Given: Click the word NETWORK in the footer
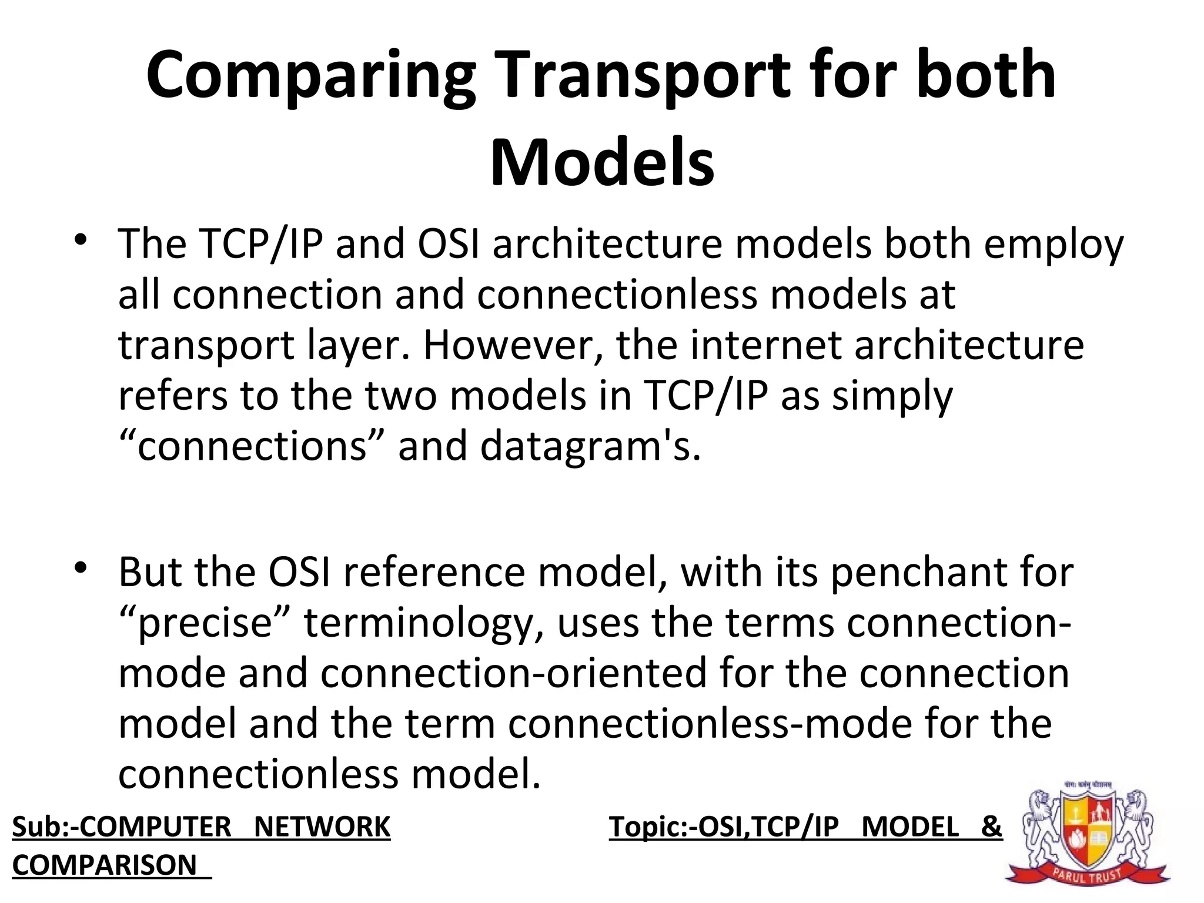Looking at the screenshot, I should tap(322, 827).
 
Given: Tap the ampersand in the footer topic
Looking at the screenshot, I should tap(991, 827).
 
